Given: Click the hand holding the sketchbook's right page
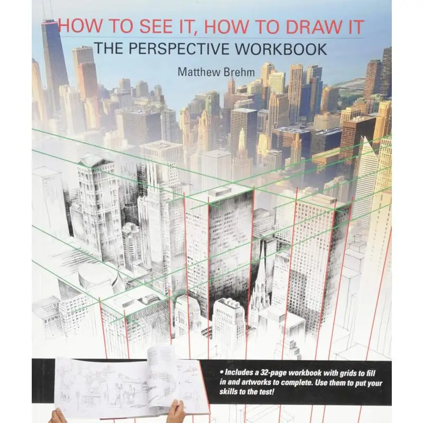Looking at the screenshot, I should [x=177, y=410].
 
